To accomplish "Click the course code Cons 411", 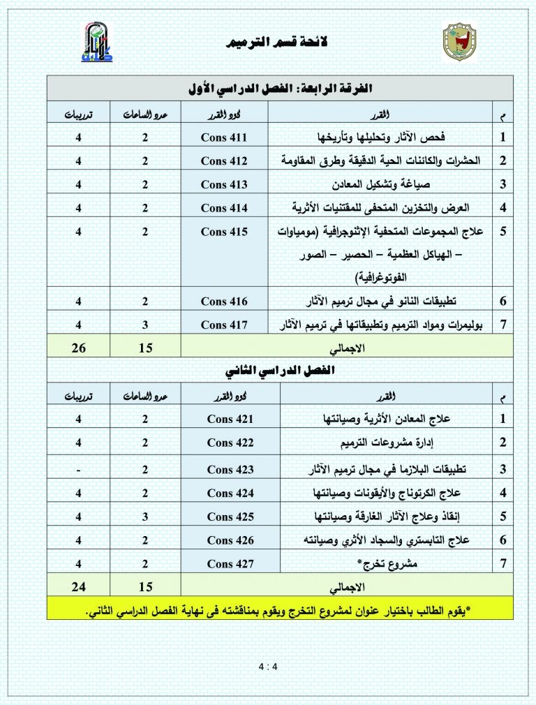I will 224,136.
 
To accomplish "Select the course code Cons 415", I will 224,232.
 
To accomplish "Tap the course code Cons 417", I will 224,325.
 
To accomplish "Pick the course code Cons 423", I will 230,469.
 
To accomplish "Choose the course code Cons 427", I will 230,563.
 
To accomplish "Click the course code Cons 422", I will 230,443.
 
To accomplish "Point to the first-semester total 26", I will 78,348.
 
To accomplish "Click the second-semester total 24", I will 78,586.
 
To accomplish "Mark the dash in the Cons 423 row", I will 78,469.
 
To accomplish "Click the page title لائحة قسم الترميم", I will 268,44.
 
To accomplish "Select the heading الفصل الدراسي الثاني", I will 279,370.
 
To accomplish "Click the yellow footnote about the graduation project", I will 280,609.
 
